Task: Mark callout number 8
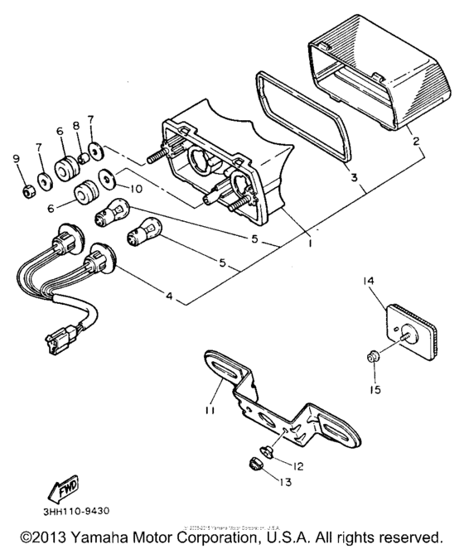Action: click(x=76, y=126)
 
